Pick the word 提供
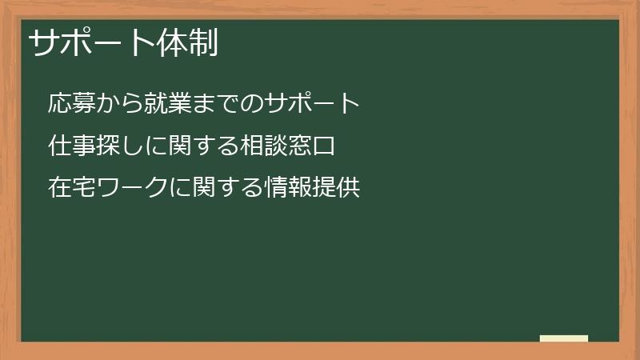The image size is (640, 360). click(x=334, y=189)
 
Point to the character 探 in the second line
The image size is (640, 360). click(x=106, y=146)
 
